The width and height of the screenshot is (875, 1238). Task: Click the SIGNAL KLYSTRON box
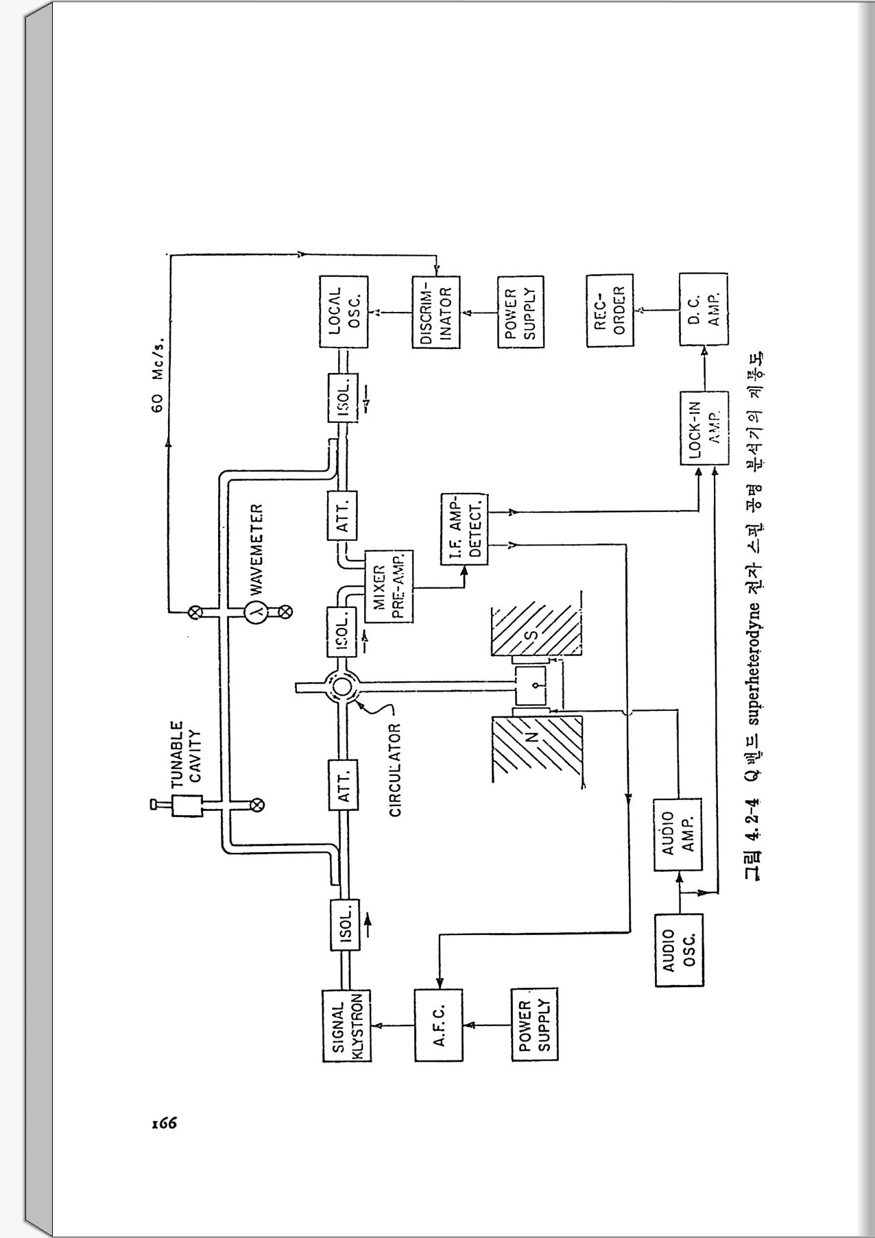(346, 1025)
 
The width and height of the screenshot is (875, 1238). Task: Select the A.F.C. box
(439, 1025)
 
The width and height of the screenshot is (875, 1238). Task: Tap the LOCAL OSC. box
(344, 311)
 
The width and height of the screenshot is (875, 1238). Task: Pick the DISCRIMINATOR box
(435, 313)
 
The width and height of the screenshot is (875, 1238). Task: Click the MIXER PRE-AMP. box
(388, 587)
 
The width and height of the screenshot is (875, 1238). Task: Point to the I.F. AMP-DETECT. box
(464, 529)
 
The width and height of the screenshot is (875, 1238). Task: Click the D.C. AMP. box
(704, 311)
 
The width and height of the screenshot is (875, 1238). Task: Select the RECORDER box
(610, 311)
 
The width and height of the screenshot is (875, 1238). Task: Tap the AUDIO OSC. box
(679, 950)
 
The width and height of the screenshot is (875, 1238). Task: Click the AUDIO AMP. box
(678, 834)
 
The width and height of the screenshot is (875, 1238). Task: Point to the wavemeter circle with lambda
(258, 611)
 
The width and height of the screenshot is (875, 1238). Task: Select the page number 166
(165, 1123)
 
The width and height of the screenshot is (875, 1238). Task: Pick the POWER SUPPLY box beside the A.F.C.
(535, 1025)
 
